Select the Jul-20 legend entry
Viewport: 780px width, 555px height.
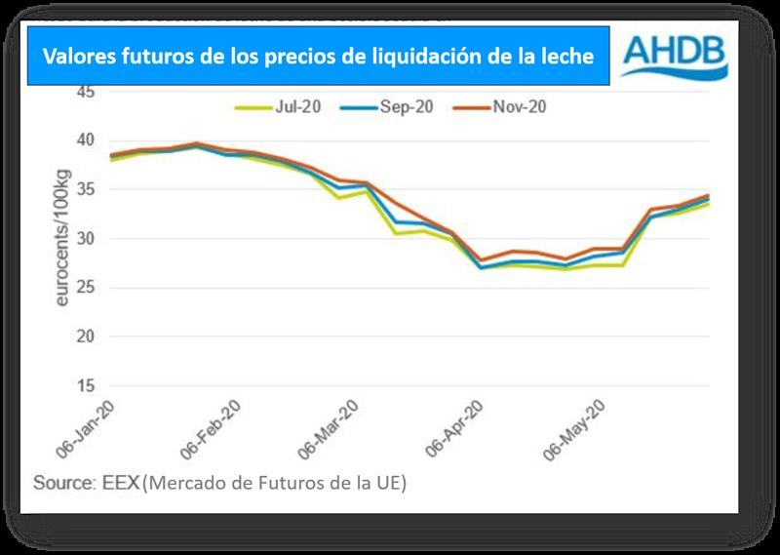279,108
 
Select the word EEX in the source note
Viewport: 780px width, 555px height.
122,482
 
